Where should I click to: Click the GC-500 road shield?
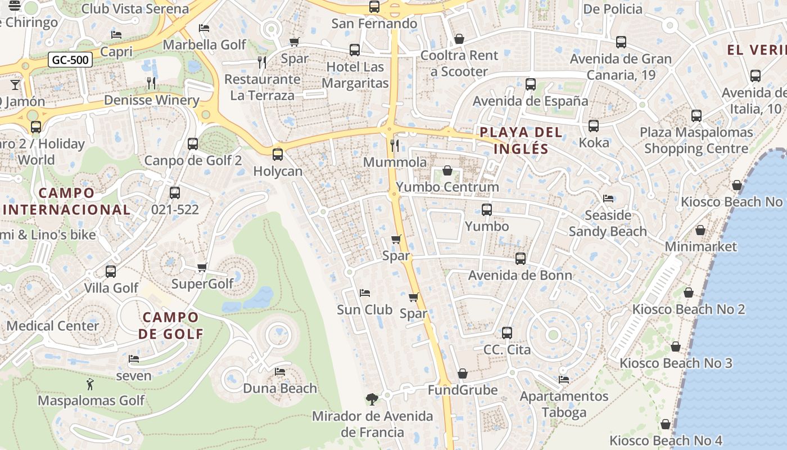70,60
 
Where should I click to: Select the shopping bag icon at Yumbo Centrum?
447,170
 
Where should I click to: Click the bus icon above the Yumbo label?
487,210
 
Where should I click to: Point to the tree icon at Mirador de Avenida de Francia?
372,399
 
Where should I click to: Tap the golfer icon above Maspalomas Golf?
91,385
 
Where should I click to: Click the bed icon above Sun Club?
364,293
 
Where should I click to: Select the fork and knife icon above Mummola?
395,146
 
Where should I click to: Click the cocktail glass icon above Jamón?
15,85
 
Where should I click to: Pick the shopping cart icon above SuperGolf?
202,267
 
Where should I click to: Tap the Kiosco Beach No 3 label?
676,363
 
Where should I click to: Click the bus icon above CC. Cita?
507,333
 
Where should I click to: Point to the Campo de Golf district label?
171,326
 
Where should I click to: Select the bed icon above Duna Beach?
279,372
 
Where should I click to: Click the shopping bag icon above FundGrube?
462,373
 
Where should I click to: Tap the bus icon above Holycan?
278,155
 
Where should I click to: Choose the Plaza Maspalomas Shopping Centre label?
696,141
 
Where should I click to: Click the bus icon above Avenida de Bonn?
521,259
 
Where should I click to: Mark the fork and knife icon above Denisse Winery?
151,83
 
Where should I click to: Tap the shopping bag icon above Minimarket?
700,230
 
